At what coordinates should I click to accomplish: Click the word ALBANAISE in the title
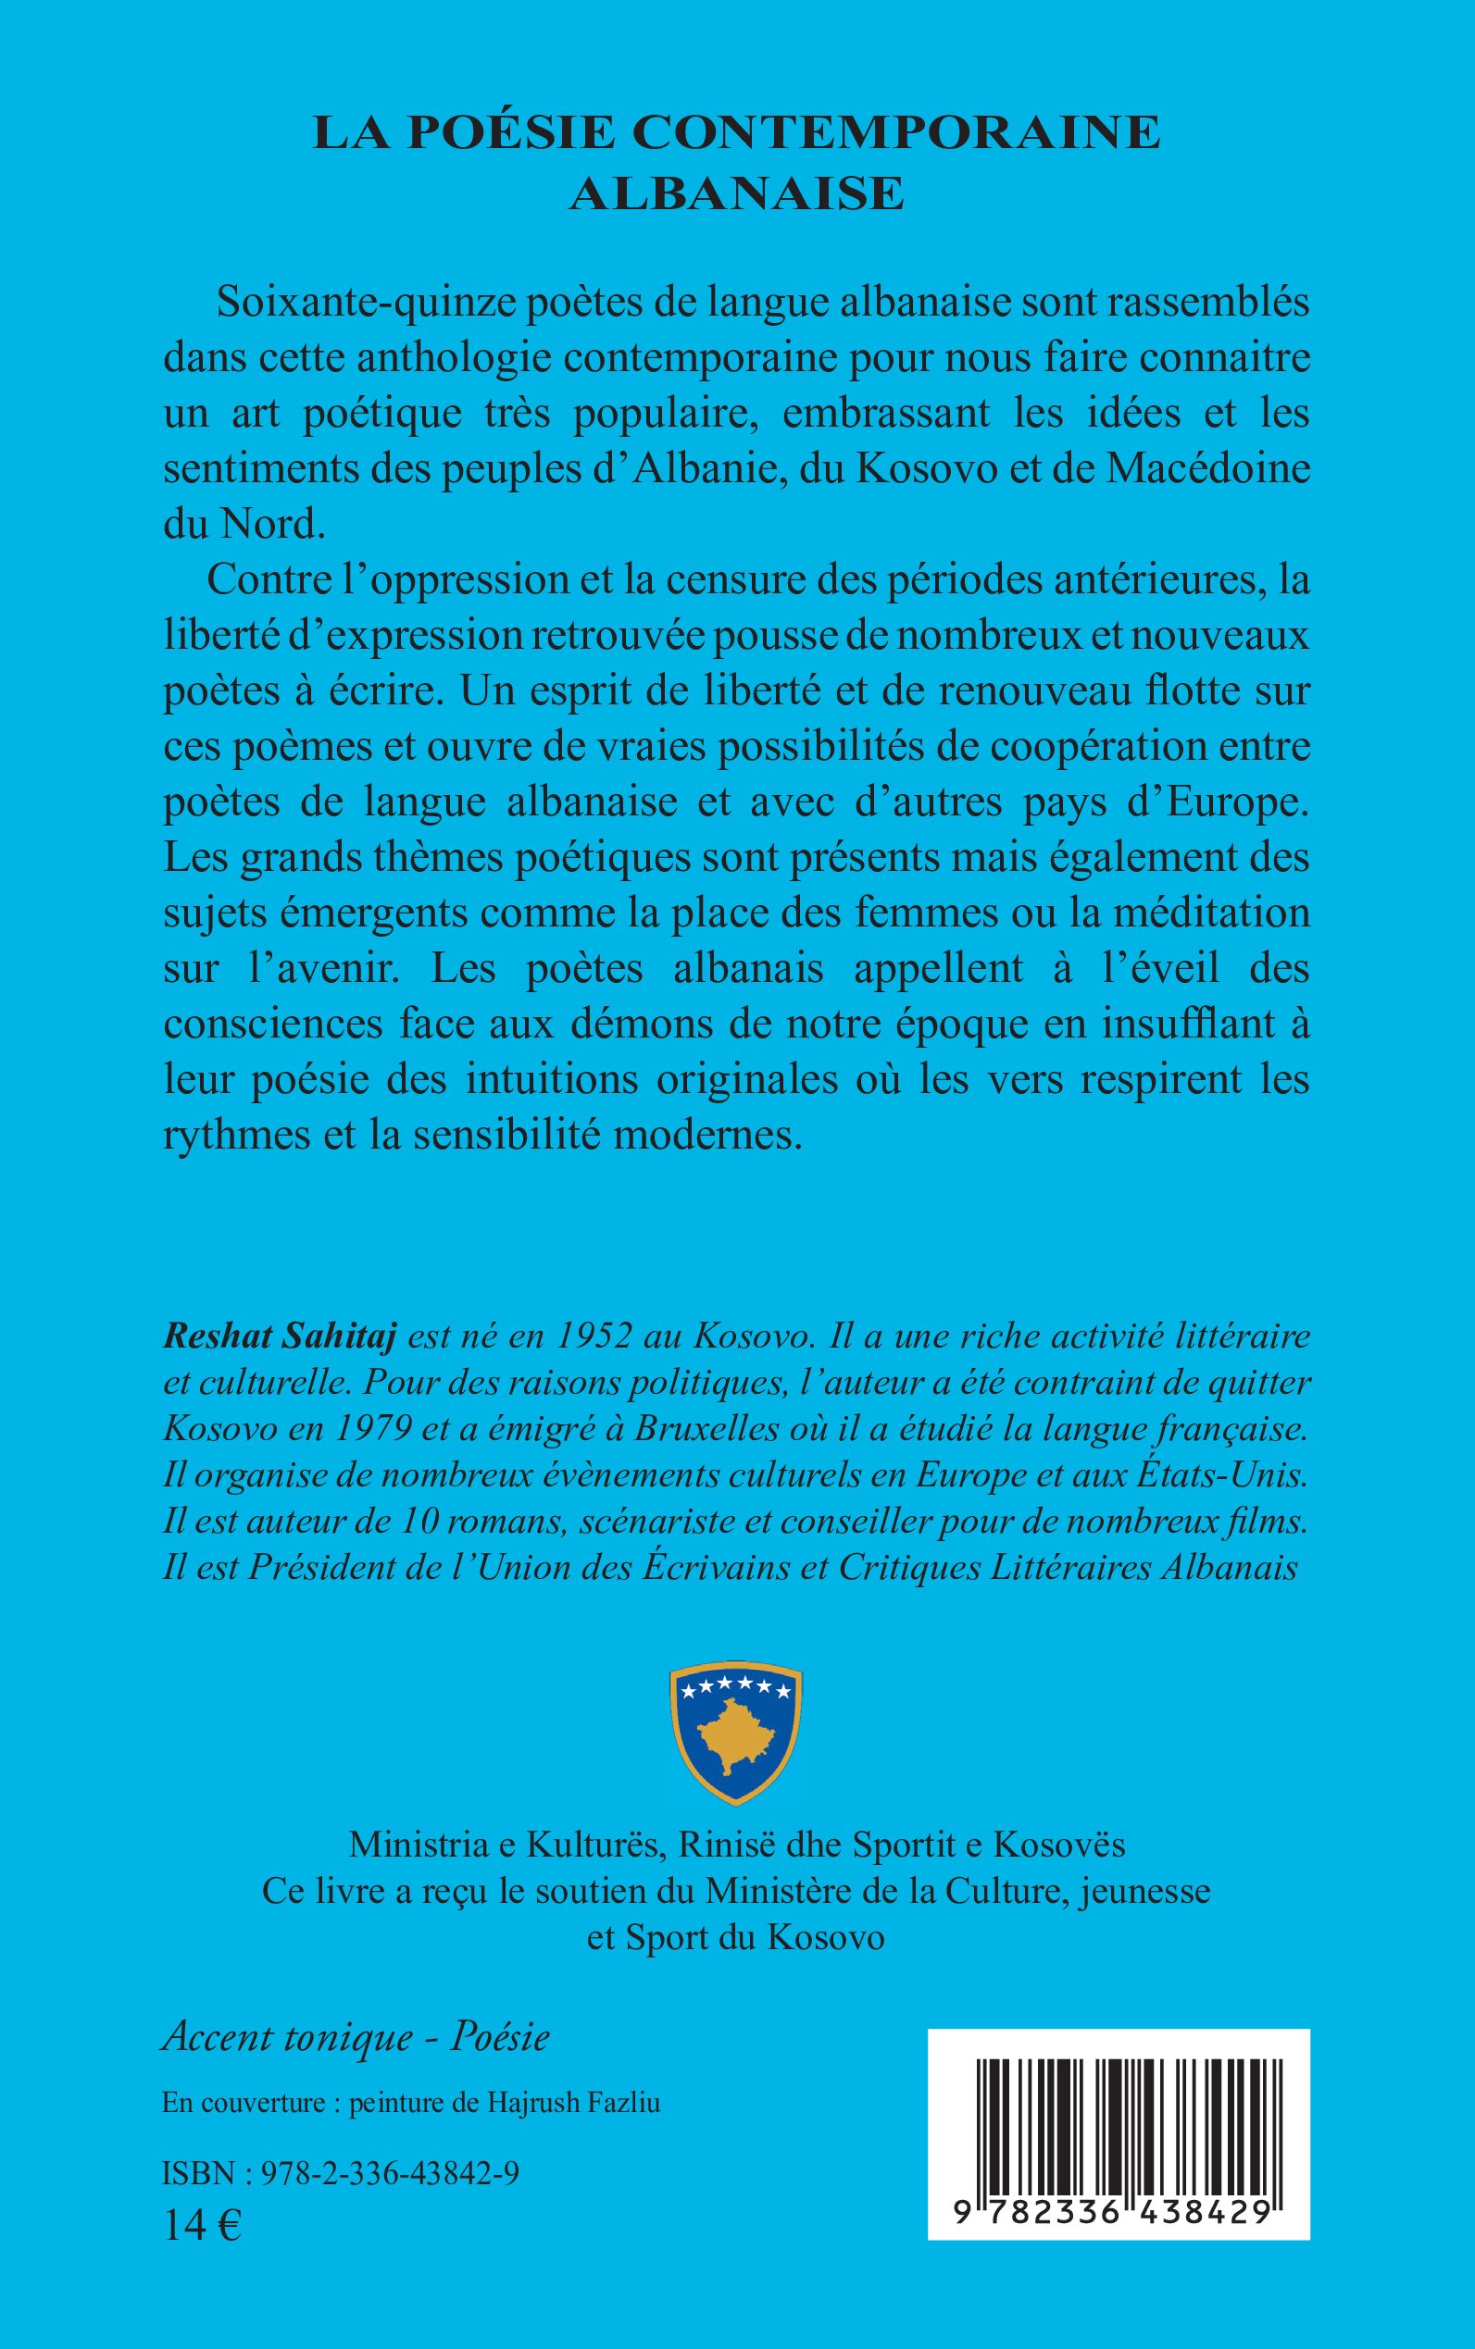point(736,193)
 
